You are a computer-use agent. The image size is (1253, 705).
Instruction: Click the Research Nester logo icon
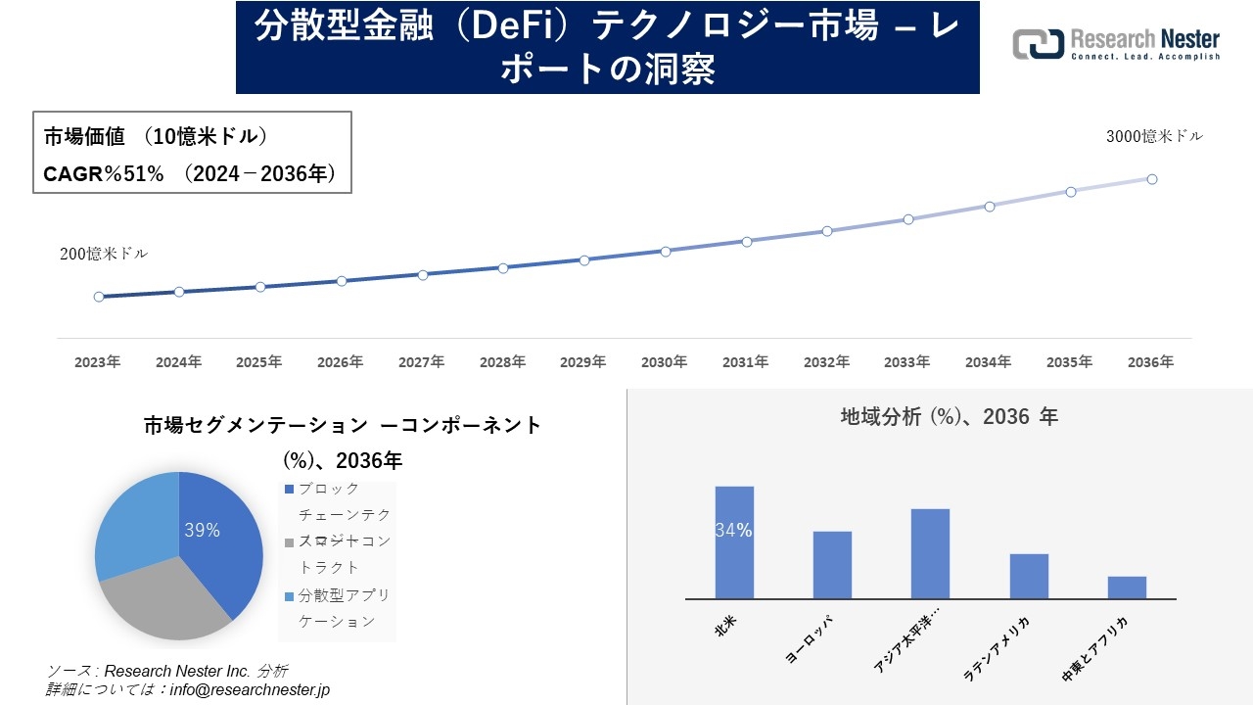tap(1039, 44)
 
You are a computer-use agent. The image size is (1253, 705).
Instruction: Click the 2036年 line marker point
tap(1152, 179)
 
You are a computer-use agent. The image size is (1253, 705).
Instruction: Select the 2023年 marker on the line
tap(99, 297)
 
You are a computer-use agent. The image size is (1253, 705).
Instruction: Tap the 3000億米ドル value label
tap(1154, 137)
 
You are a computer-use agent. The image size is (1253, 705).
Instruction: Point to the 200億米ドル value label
tap(104, 254)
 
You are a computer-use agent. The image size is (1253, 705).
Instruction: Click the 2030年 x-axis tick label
tap(664, 362)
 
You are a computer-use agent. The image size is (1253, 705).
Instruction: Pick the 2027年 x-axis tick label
tap(421, 362)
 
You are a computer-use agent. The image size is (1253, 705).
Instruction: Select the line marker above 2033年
tap(908, 219)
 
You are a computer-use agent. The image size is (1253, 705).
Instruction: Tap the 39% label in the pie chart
tap(202, 531)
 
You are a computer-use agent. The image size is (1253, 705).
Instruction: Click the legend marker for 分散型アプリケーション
tap(289, 595)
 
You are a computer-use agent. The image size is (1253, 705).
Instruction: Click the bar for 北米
tap(734, 543)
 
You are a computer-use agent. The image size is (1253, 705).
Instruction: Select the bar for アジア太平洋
tap(930, 554)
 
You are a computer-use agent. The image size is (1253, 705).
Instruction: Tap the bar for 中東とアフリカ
tap(1127, 587)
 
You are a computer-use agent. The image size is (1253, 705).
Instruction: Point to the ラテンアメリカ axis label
tap(998, 648)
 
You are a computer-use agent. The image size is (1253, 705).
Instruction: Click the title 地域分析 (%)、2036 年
tap(949, 417)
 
